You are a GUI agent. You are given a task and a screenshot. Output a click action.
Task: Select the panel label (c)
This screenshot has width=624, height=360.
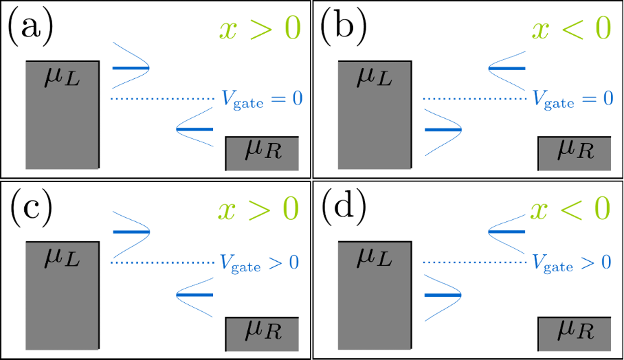click(31, 210)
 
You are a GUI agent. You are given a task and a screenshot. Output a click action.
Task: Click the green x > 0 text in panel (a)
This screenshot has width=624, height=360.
click(259, 30)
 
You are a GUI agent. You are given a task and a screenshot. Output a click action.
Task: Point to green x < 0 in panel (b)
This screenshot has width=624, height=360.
click(570, 30)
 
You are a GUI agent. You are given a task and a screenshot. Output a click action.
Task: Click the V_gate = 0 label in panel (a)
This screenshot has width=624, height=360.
click(261, 100)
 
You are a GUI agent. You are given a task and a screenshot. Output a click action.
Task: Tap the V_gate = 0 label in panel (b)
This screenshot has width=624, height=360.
click(572, 100)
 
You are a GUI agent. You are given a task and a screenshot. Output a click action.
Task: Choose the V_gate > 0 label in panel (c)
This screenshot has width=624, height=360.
click(261, 262)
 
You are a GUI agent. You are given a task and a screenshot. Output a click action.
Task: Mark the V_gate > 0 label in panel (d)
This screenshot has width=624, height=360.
click(572, 262)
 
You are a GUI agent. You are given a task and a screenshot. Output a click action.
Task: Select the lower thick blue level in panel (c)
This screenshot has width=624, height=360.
click(195, 294)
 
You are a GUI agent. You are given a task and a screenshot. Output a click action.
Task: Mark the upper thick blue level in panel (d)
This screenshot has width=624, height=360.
click(506, 232)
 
